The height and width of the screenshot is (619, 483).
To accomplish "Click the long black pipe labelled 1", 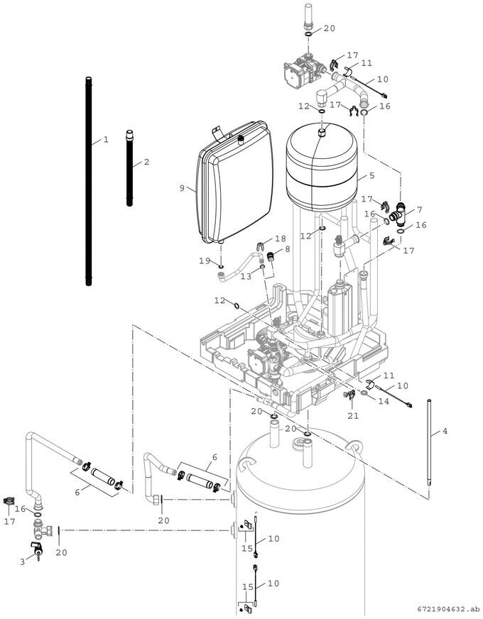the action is pyautogui.click(x=89, y=181).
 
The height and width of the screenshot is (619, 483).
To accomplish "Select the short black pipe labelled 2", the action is pyautogui.click(x=129, y=168).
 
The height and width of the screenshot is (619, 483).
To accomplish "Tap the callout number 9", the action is pyautogui.click(x=182, y=188).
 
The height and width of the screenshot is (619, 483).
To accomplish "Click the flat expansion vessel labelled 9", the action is pyautogui.click(x=235, y=182).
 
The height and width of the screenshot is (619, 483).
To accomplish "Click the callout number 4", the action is pyautogui.click(x=445, y=431).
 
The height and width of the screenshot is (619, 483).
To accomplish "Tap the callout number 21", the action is pyautogui.click(x=353, y=416).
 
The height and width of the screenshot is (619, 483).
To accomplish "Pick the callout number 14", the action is pyautogui.click(x=384, y=401).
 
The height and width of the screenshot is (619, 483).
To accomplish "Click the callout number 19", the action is pyautogui.click(x=205, y=261).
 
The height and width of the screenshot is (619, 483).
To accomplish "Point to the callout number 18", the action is pyautogui.click(x=281, y=239).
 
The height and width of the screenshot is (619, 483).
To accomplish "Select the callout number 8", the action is pyautogui.click(x=287, y=249).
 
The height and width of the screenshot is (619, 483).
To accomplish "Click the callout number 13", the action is pyautogui.click(x=246, y=276).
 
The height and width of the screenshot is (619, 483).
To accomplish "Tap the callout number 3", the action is pyautogui.click(x=23, y=562).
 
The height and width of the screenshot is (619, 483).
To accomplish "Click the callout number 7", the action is pyautogui.click(x=419, y=210).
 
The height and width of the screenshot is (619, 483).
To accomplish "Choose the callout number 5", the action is pyautogui.click(x=372, y=175).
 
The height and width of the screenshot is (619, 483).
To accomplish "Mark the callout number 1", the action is pyautogui.click(x=106, y=139).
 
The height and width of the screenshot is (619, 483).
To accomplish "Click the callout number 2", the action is pyautogui.click(x=146, y=162).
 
